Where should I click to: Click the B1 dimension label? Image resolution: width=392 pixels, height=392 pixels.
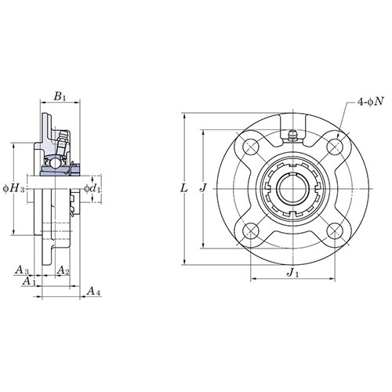[60, 97]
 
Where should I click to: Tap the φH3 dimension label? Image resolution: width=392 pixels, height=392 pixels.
[14, 189]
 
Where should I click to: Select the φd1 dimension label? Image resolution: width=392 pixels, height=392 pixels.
[92, 188]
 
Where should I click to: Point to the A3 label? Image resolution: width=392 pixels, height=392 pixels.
[22, 270]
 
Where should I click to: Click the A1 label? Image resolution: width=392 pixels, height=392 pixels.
[29, 281]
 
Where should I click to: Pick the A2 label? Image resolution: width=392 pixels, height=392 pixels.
[64, 270]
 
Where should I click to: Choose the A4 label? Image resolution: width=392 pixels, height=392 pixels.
[93, 291]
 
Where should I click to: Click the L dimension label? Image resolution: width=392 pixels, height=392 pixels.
[184, 188]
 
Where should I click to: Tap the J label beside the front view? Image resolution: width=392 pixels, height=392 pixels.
[203, 187]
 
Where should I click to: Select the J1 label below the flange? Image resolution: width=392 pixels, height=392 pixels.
[292, 273]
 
